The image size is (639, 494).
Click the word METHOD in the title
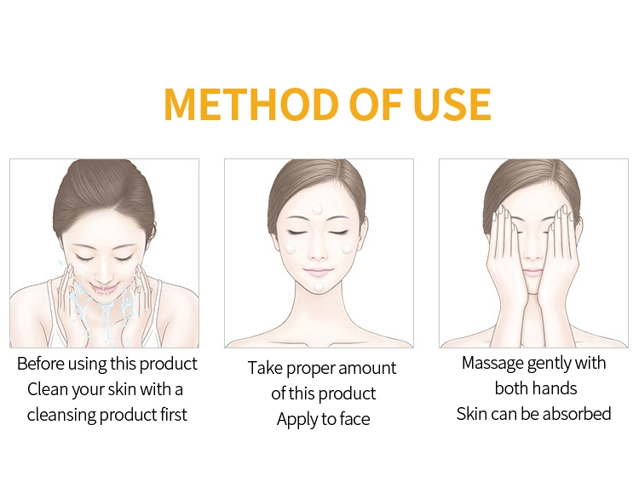tap(251, 103)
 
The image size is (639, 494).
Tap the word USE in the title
tap(452, 103)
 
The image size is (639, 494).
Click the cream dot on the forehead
tap(317, 210)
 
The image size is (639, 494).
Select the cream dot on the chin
tap(319, 286)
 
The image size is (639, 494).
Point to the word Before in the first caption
tap(40, 364)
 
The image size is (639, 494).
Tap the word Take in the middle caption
tap(265, 368)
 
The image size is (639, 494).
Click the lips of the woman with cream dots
tap(319, 271)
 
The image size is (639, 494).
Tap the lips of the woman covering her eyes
tap(532, 273)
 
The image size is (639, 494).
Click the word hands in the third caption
tap(556, 388)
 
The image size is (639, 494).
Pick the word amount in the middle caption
tap(366, 368)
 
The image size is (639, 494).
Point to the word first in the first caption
tap(173, 415)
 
